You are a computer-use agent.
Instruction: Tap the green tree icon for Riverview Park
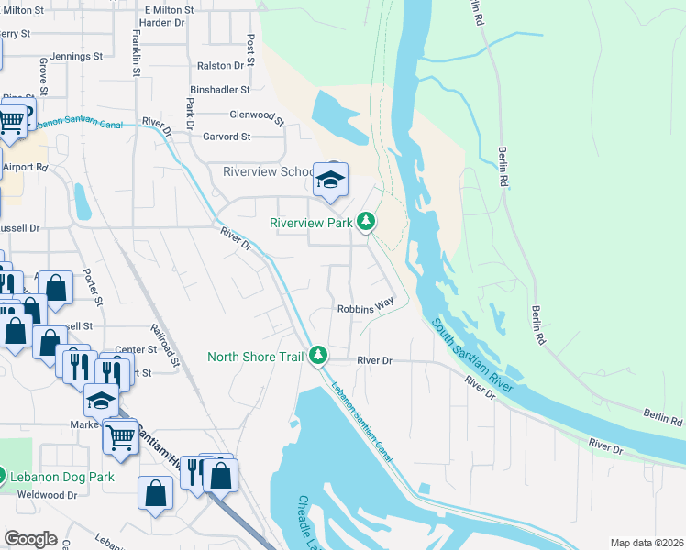tap(366, 221)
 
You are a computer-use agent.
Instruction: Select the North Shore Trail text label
tap(255, 357)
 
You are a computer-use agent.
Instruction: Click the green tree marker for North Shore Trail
tap(318, 355)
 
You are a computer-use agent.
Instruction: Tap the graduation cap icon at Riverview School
tap(330, 178)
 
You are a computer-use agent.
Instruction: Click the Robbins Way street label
tap(365, 310)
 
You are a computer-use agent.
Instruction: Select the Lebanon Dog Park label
tap(62, 477)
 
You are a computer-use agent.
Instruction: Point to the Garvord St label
tap(227, 137)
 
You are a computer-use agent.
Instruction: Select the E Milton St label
tap(169, 9)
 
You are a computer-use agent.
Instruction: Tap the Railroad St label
tap(168, 344)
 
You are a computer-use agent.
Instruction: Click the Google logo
tap(30, 538)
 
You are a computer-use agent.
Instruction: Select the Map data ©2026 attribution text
tap(646, 543)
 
